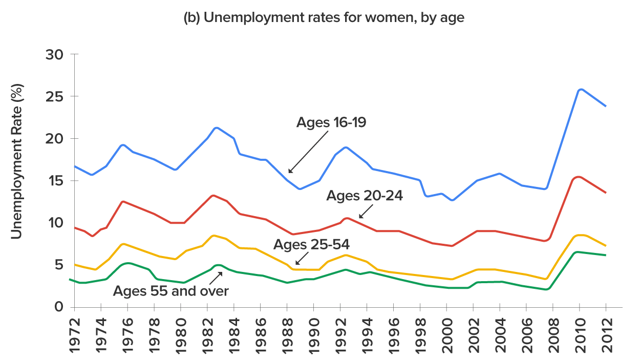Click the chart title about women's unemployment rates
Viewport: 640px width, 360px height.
[324, 18]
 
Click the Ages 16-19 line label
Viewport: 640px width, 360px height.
[331, 123]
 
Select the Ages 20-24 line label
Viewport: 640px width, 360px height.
[365, 196]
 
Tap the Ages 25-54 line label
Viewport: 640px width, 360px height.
[311, 244]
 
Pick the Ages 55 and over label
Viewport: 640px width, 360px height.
[170, 291]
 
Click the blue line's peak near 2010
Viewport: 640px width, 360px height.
[580, 89]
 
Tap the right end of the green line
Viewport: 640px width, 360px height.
[606, 255]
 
